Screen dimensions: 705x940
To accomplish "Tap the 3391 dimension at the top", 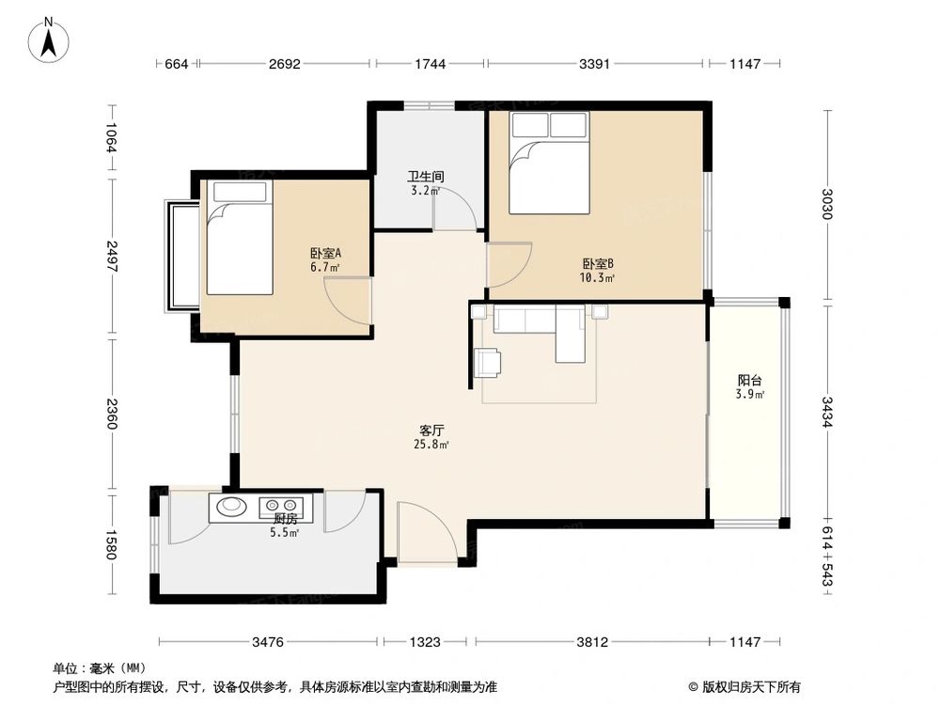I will click(x=595, y=64).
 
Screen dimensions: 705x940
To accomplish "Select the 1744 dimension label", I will click(x=430, y=64).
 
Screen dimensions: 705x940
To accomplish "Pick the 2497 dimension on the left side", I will click(x=112, y=256).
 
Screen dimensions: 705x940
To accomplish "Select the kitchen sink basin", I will click(x=230, y=507).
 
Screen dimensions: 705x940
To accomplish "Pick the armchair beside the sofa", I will click(x=487, y=362).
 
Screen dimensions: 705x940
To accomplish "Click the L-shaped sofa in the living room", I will click(x=545, y=329).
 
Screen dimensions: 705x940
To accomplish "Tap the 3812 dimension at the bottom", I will click(x=592, y=642).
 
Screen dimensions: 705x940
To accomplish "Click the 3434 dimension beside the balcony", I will click(x=826, y=412).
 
